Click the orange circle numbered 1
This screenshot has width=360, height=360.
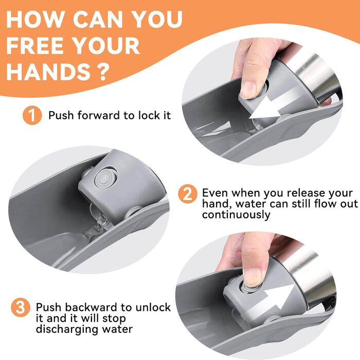32,115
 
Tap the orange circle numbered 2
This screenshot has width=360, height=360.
188,194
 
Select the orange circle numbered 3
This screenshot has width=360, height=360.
21,308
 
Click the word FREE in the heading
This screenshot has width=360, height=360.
35,45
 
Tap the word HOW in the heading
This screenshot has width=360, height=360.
35,19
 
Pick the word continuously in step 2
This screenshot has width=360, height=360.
236,215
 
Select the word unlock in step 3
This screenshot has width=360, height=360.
153,307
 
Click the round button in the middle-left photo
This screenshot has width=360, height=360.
105,178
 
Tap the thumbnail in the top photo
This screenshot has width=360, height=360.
248,90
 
